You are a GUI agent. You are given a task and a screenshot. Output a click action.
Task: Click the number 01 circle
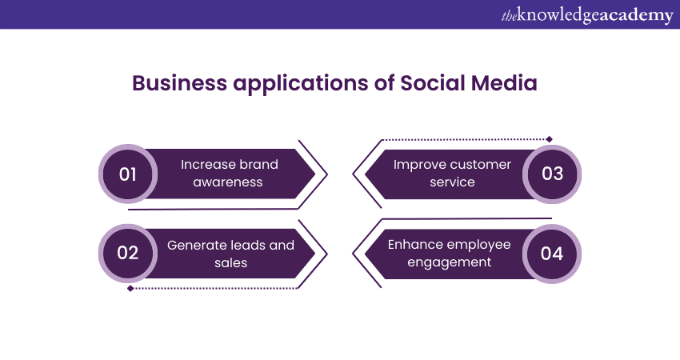[128, 174]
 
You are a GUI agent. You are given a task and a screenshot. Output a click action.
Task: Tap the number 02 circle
[128, 254]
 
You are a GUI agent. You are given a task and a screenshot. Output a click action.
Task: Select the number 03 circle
[552, 174]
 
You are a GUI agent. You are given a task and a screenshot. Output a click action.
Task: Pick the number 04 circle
[552, 254]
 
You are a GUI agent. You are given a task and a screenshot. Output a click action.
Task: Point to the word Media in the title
[507, 84]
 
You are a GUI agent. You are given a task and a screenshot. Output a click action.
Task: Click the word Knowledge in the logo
[556, 15]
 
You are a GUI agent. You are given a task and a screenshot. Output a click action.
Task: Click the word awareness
[230, 182]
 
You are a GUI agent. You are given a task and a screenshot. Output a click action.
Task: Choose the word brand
[258, 165]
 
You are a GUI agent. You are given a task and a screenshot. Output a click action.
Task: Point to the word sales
[230, 262]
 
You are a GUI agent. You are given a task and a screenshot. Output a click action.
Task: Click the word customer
[480, 165]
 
